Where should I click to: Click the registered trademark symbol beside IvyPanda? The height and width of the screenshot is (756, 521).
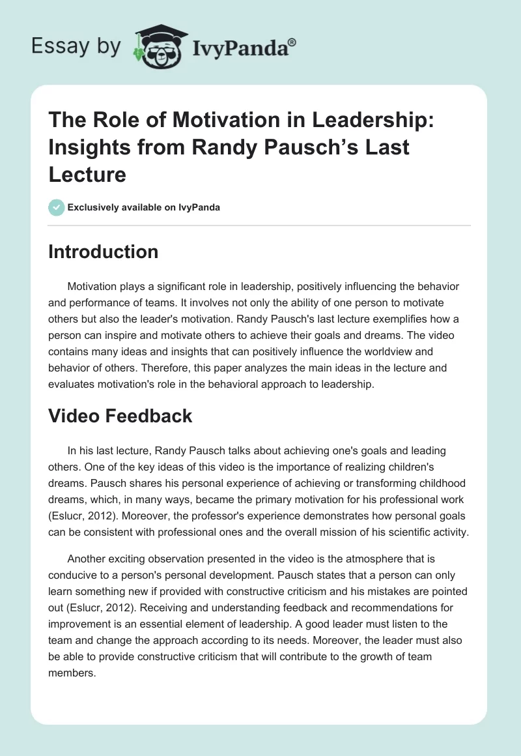[292, 43]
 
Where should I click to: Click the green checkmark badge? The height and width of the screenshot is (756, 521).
[56, 208]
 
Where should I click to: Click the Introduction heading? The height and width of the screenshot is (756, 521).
[103, 252]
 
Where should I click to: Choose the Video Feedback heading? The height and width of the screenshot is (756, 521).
[120, 416]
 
